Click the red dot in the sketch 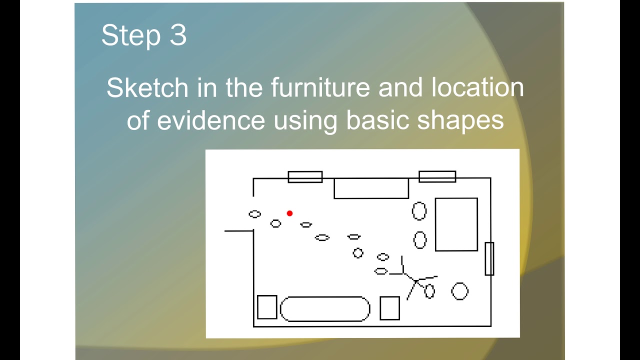pyautogui.click(x=289, y=213)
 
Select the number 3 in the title pyautogui.click(x=178, y=35)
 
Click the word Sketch pyautogui.click(x=147, y=88)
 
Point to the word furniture pyautogui.click(x=319, y=88)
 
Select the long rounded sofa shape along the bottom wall pyautogui.click(x=325, y=309)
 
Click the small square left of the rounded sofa pyautogui.click(x=267, y=307)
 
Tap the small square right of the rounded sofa pyautogui.click(x=389, y=308)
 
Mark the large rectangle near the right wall pyautogui.click(x=456, y=224)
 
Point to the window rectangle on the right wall pyautogui.click(x=489, y=258)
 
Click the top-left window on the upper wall pyautogui.click(x=305, y=177)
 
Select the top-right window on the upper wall pyautogui.click(x=437, y=176)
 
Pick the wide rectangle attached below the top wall pyautogui.click(x=371, y=188)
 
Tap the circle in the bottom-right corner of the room pyautogui.click(x=459, y=291)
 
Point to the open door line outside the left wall pyautogui.click(x=239, y=231)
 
